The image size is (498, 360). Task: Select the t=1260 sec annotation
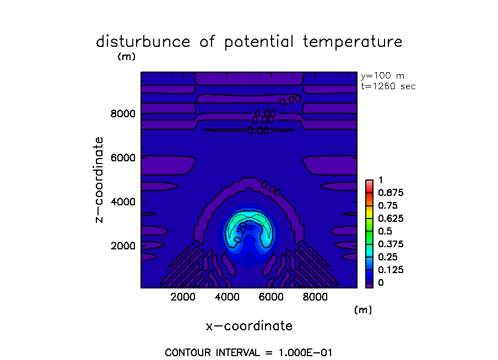tap(388, 86)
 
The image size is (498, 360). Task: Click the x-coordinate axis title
tap(249, 326)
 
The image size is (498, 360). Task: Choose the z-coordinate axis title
tap(100, 180)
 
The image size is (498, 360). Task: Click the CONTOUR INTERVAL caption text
tap(248, 352)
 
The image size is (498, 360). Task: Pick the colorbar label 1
tap(380, 181)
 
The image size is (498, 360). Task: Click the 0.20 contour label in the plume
tap(240, 235)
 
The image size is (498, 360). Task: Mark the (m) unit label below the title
tap(126, 56)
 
